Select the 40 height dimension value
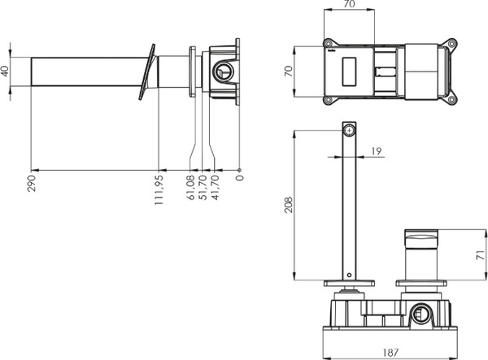point(6,70)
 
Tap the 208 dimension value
point(287,203)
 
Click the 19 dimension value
point(375,150)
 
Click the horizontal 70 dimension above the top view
point(351,4)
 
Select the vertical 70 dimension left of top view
point(287,72)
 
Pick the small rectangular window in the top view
point(352,72)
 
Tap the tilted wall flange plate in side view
point(146,71)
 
